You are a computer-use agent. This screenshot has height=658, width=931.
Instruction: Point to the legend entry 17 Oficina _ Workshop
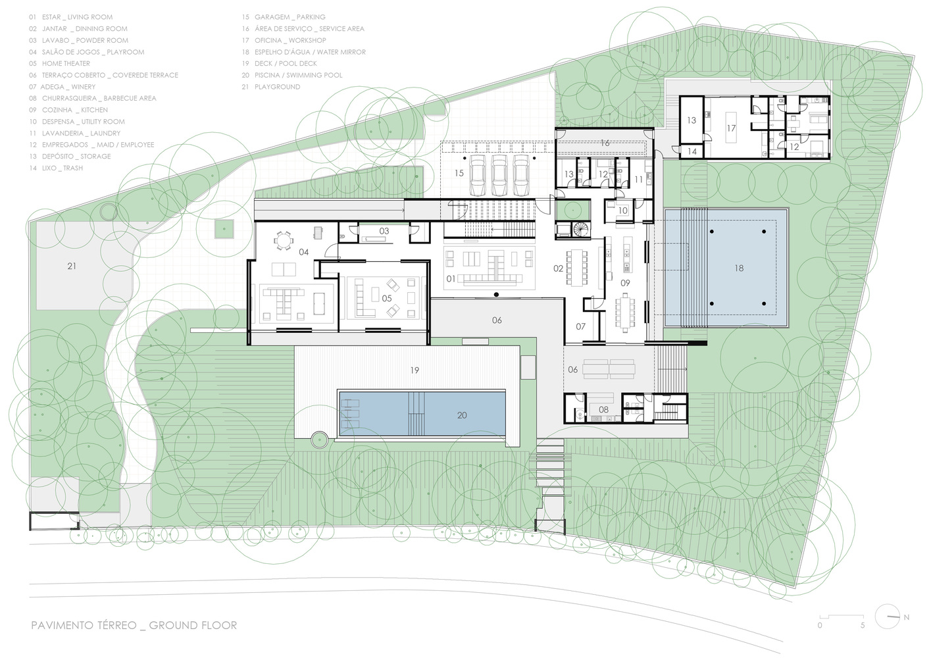(284, 40)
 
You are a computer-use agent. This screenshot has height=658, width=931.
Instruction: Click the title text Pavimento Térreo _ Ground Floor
(134, 624)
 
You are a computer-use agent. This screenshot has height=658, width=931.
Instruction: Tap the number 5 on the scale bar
(863, 626)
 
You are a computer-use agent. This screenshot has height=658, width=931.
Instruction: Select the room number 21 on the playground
(72, 266)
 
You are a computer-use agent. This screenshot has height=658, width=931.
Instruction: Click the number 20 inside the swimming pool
(462, 415)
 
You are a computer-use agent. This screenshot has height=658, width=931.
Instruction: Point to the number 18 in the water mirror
(739, 268)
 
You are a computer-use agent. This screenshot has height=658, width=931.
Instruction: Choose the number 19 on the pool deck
(415, 370)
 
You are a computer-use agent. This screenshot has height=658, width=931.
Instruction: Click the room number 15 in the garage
(459, 173)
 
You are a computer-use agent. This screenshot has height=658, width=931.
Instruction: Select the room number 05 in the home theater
(387, 298)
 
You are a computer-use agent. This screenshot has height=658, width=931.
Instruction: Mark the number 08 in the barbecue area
(603, 409)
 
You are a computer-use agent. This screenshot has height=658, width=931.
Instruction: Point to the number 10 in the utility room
(622, 211)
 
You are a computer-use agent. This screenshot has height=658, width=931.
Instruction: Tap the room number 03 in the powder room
(384, 231)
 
